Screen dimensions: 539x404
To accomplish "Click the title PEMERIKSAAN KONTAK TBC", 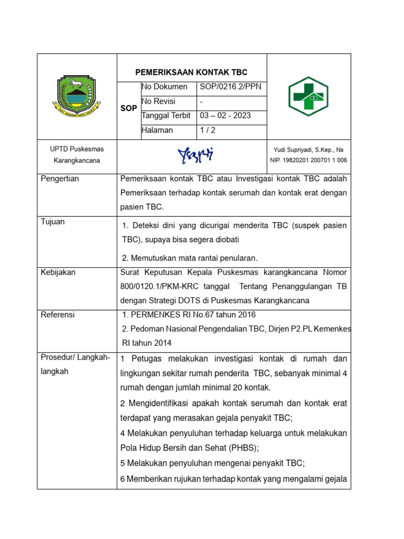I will [x=191, y=72].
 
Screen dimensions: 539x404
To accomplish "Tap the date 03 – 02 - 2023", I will [x=225, y=116].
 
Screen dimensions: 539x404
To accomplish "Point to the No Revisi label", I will [x=158, y=101].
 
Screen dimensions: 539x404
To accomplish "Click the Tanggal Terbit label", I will [x=166, y=116].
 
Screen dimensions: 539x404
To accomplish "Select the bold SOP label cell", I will [x=128, y=108].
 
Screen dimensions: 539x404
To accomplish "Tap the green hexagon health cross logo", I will [x=308, y=96].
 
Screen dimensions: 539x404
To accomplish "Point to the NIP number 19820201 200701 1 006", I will [x=308, y=161].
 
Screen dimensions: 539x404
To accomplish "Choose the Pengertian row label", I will [x=60, y=179].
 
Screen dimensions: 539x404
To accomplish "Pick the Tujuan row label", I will [x=53, y=222].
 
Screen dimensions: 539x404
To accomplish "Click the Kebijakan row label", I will [x=58, y=272].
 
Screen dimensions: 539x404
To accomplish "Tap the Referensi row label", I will [x=58, y=315].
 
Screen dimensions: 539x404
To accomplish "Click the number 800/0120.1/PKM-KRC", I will [x=156, y=286].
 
